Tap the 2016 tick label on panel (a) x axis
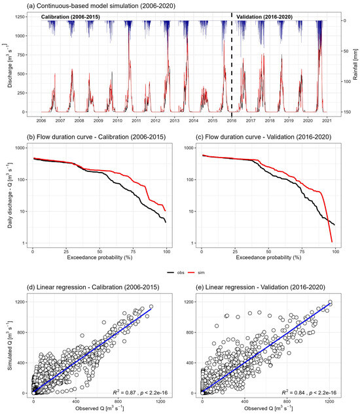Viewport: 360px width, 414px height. (x=232, y=120)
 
